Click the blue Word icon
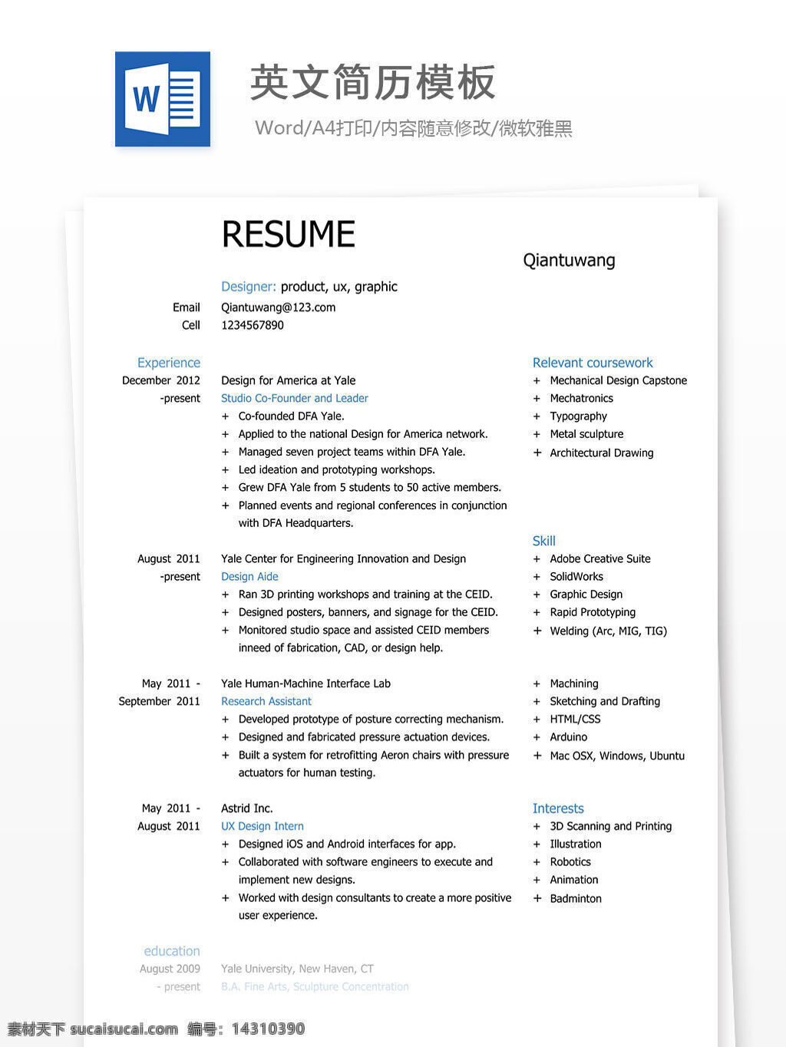click(163, 99)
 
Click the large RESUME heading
click(288, 235)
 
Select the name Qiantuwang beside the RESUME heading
click(569, 261)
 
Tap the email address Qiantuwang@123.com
click(278, 308)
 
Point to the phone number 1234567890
click(253, 325)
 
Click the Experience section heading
click(168, 363)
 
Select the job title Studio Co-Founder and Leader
click(294, 398)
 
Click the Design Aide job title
click(249, 577)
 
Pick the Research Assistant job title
click(266, 701)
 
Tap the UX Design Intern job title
click(262, 826)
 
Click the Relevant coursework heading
click(593, 363)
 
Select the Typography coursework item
click(578, 416)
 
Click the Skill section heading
click(543, 541)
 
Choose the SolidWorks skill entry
click(576, 577)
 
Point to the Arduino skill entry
click(568, 737)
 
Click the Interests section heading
click(558, 808)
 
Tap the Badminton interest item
click(575, 898)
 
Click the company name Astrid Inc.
click(246, 808)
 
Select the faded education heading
click(171, 951)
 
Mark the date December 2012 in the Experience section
click(160, 380)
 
